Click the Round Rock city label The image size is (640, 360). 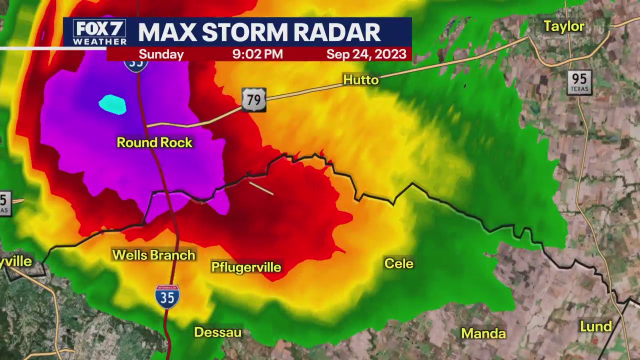tap(154, 142)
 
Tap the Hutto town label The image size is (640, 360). tap(360, 80)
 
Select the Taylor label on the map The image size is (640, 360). tap(563, 26)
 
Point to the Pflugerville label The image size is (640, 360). tap(246, 267)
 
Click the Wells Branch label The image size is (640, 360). tap(153, 255)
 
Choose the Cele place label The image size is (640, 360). tap(398, 263)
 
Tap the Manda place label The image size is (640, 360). tap(483, 333)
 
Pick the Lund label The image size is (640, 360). tap(595, 327)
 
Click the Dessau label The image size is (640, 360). tap(217, 332)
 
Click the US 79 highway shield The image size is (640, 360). tap(253, 100)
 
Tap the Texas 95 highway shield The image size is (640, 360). tap(579, 82)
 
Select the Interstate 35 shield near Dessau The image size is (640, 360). tap(167, 296)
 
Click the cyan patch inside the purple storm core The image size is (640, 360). tap(112, 104)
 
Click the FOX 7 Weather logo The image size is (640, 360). tap(99, 32)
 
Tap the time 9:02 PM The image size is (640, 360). tap(257, 54)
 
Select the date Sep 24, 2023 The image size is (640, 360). tap(366, 54)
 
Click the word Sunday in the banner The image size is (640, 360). tap(161, 54)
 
